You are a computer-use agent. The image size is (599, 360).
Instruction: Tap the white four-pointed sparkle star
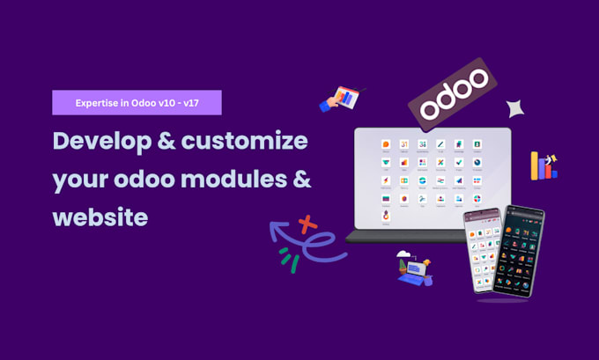click(517, 108)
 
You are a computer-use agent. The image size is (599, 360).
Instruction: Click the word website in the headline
click(100, 216)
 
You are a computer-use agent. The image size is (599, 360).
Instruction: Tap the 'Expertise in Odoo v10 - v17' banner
click(137, 102)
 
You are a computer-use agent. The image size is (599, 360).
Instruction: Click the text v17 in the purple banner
click(199, 102)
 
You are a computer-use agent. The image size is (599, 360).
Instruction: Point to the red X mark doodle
click(307, 224)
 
